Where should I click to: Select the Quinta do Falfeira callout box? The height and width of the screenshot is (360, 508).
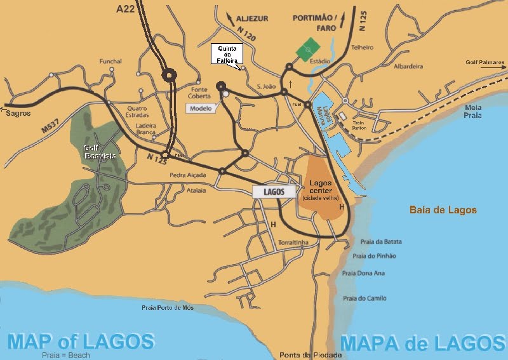[227, 55]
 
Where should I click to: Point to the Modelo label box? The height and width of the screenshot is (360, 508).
[201, 108]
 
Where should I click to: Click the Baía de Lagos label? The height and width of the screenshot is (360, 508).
[443, 210]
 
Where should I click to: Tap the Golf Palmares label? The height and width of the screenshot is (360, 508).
[485, 63]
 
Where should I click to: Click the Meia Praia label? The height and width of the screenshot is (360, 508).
[473, 112]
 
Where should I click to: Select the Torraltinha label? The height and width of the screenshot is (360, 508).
[295, 243]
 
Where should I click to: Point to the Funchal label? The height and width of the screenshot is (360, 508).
[110, 62]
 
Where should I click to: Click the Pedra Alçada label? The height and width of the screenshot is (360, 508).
[185, 175]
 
